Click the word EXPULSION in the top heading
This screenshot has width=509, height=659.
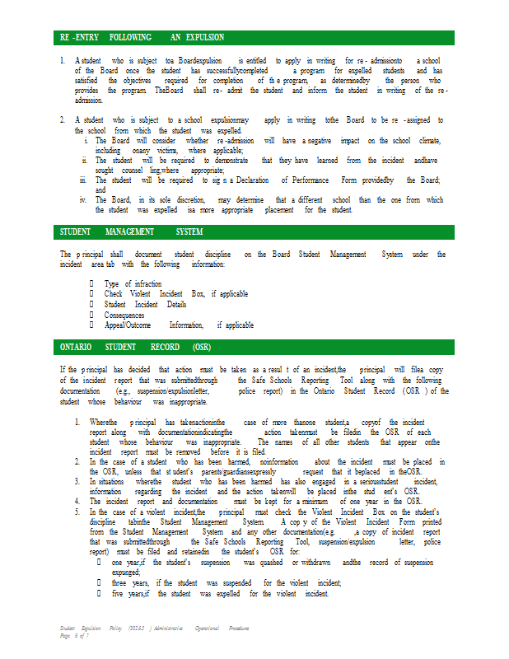tap(204, 38)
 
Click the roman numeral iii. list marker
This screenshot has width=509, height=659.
tap(82, 180)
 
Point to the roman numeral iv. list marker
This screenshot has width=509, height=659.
tap(82, 200)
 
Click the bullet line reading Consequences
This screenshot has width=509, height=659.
tap(124, 315)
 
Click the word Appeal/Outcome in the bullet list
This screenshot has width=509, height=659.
tap(128, 325)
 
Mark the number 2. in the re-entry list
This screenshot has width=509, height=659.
tap(63, 120)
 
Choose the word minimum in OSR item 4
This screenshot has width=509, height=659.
tap(317, 501)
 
